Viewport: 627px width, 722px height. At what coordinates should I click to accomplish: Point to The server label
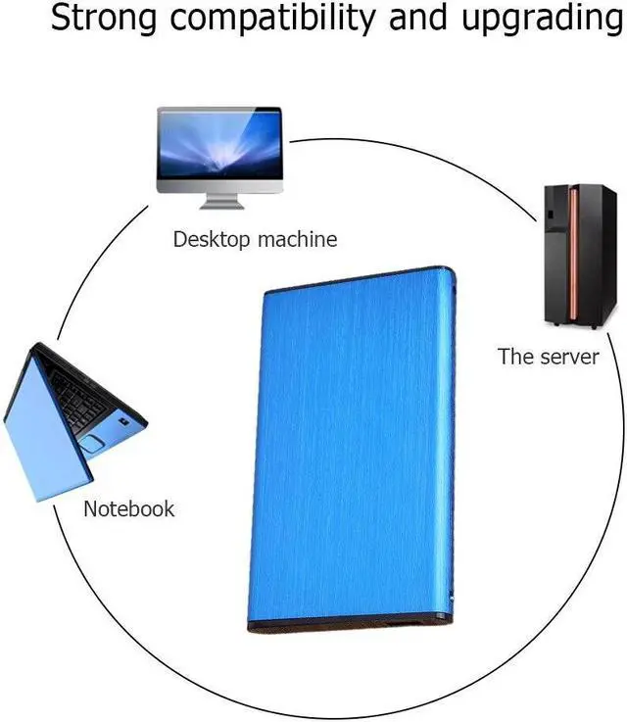548,357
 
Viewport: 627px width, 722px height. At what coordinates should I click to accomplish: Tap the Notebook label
128,509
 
